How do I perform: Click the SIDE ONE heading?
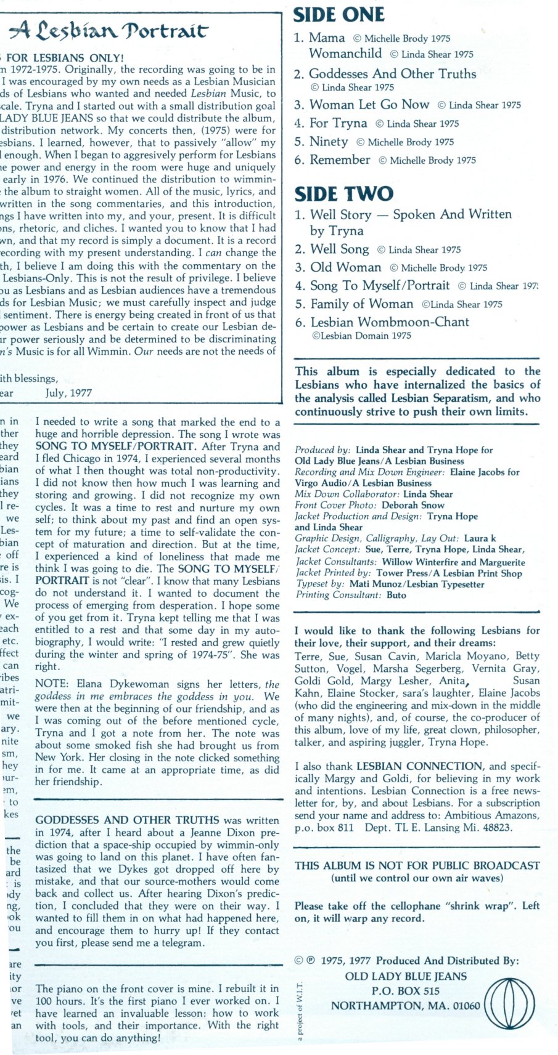[x=338, y=15]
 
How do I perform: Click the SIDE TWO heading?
[x=343, y=193]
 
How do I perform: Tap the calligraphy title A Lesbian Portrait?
[x=111, y=29]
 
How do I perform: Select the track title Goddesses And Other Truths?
[x=392, y=74]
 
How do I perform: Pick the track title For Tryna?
[x=338, y=123]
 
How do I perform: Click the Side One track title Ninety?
[x=329, y=142]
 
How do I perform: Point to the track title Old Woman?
[x=345, y=267]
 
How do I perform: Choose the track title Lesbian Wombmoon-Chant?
[x=390, y=322]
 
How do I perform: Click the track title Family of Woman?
[x=361, y=304]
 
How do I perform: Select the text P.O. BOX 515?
[x=405, y=991]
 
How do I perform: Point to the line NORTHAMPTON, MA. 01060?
[x=405, y=1006]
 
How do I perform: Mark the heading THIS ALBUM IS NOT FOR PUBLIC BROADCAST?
[x=417, y=865]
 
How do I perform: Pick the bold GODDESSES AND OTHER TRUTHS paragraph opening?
[x=127, y=820]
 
